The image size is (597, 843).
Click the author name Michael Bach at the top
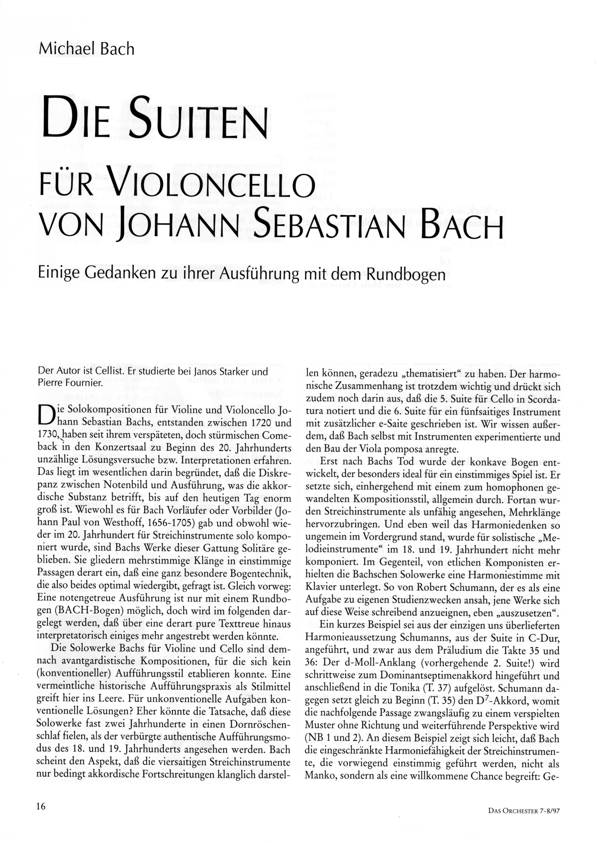[x=86, y=49]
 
